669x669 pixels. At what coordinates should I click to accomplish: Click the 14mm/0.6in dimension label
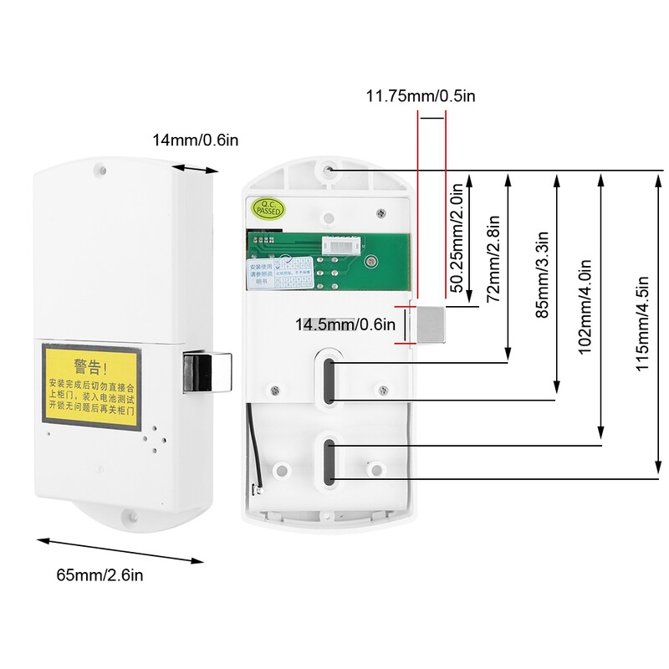click(195, 140)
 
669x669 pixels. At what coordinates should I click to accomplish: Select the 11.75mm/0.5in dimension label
click(421, 95)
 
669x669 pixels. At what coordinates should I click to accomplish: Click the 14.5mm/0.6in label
click(344, 324)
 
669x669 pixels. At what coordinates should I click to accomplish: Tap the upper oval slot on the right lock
click(329, 380)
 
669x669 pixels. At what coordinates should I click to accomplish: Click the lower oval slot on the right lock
click(329, 462)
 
